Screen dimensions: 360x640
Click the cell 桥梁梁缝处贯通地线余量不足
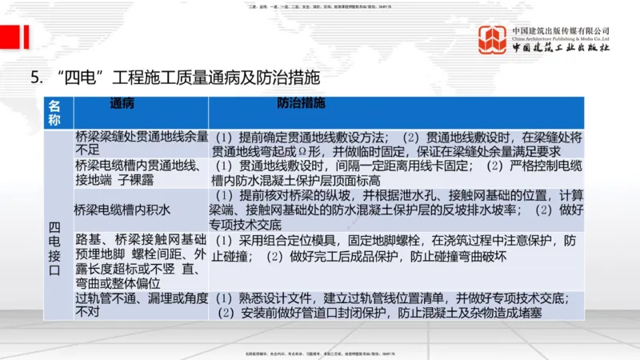[141, 142]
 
